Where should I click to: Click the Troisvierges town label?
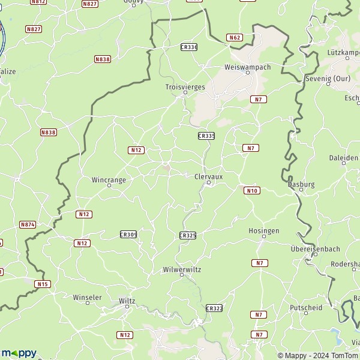pyautogui.click(x=185, y=87)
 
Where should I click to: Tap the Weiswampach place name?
pyautogui.click(x=247, y=67)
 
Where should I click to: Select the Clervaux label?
pyautogui.click(x=208, y=176)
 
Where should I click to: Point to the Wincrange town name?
pyautogui.click(x=109, y=179)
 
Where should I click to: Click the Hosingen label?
pyautogui.click(x=263, y=230)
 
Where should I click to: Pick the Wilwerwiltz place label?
pyautogui.click(x=182, y=269)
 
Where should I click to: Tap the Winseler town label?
pyautogui.click(x=87, y=297)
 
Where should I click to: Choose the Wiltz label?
pyautogui.click(x=127, y=300)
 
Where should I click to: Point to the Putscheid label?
pyautogui.click(x=305, y=308)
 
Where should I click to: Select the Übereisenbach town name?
pyautogui.click(x=315, y=248)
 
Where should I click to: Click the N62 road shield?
pyautogui.click(x=234, y=37)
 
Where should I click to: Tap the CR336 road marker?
pyautogui.click(x=188, y=47)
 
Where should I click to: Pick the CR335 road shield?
pyautogui.click(x=206, y=136)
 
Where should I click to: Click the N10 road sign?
pyautogui.click(x=251, y=191)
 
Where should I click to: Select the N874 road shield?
pyautogui.click(x=28, y=224)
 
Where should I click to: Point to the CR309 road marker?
pyautogui.click(x=128, y=235)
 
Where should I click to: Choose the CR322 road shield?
pyautogui.click(x=214, y=308)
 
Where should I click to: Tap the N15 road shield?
pyautogui.click(x=41, y=284)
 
